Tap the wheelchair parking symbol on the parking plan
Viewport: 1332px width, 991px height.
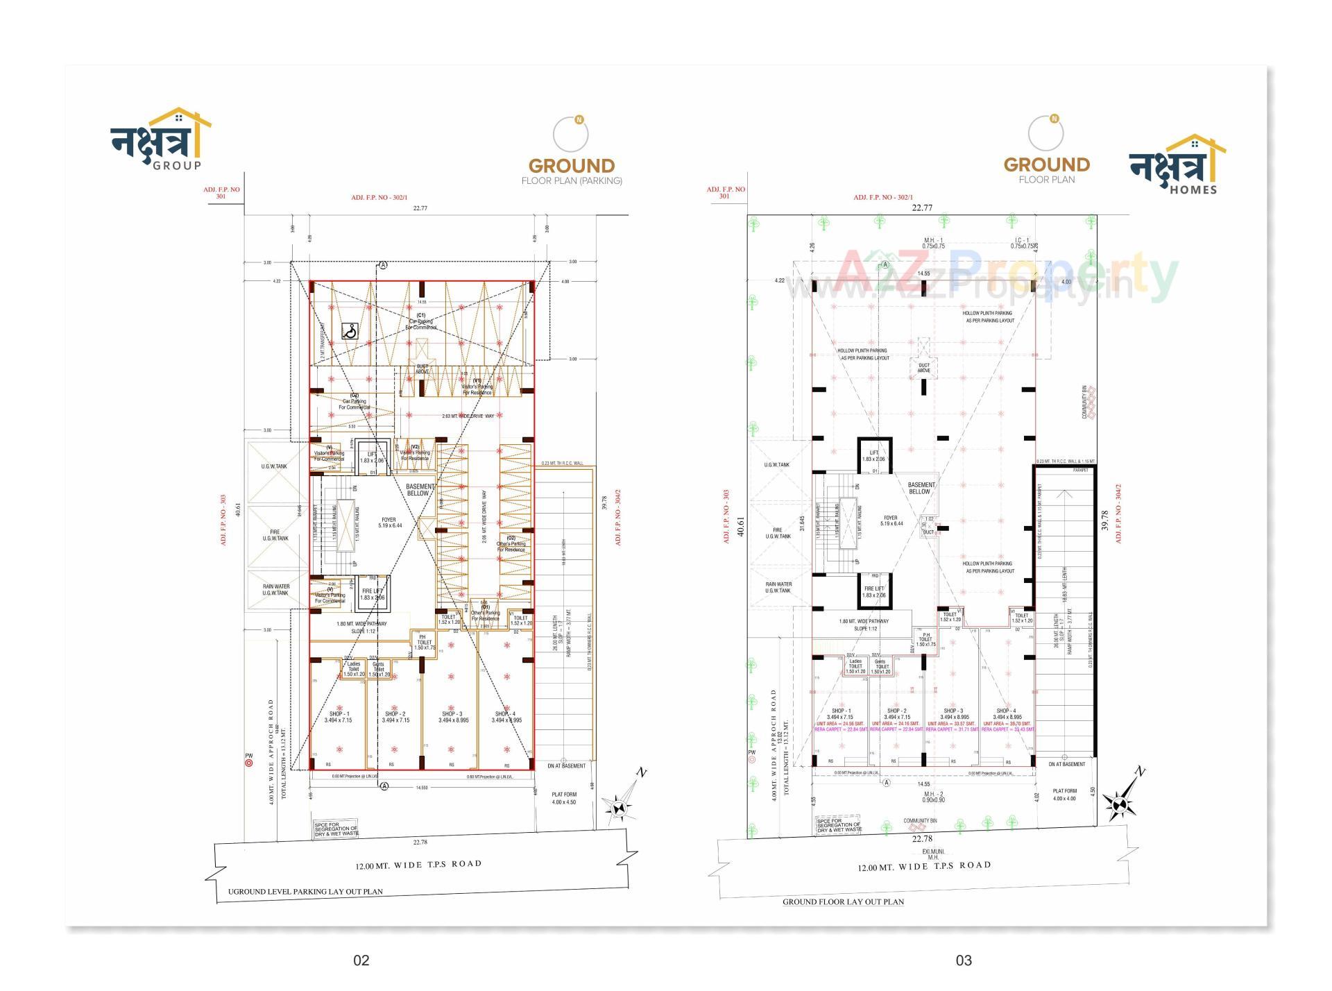click(x=350, y=332)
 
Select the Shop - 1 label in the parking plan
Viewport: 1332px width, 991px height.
click(x=339, y=717)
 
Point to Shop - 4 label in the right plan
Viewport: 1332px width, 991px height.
click(x=1007, y=713)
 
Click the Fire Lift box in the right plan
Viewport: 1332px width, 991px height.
click(x=874, y=591)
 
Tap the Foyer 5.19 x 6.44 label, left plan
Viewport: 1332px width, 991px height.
click(x=389, y=523)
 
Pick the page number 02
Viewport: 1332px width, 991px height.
click(x=361, y=960)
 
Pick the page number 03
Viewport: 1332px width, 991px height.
click(x=964, y=960)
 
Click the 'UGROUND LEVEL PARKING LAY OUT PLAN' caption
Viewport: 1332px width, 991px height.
click(x=305, y=892)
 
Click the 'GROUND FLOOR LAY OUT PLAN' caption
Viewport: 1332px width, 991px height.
click(x=843, y=902)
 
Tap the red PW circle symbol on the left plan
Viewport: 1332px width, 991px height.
click(x=249, y=763)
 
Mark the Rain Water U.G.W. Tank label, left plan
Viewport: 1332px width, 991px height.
click(x=275, y=590)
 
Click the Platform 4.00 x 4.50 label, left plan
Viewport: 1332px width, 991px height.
click(x=564, y=798)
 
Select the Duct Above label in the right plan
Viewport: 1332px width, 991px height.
click(x=924, y=368)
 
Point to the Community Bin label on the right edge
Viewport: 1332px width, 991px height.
click(x=1084, y=403)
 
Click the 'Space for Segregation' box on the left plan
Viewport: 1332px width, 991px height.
click(x=336, y=829)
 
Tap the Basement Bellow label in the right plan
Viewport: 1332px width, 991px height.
click(x=921, y=488)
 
